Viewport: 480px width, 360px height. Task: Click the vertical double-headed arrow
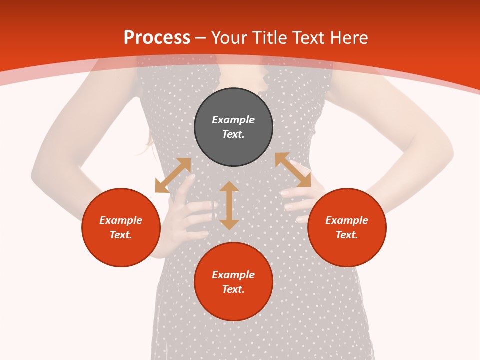click(x=229, y=206)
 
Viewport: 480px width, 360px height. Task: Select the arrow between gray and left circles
click(x=173, y=175)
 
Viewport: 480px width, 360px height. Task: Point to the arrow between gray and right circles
click(x=293, y=170)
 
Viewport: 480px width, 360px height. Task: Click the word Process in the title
click(x=157, y=38)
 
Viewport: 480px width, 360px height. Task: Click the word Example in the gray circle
click(x=233, y=120)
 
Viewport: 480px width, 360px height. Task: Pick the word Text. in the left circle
click(x=121, y=235)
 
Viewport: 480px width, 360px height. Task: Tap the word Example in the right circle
click(x=347, y=220)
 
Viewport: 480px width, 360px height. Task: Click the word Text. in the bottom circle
click(x=233, y=289)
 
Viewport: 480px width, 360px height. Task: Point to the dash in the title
click(x=201, y=38)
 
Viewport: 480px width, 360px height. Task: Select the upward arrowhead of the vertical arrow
click(x=229, y=187)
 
